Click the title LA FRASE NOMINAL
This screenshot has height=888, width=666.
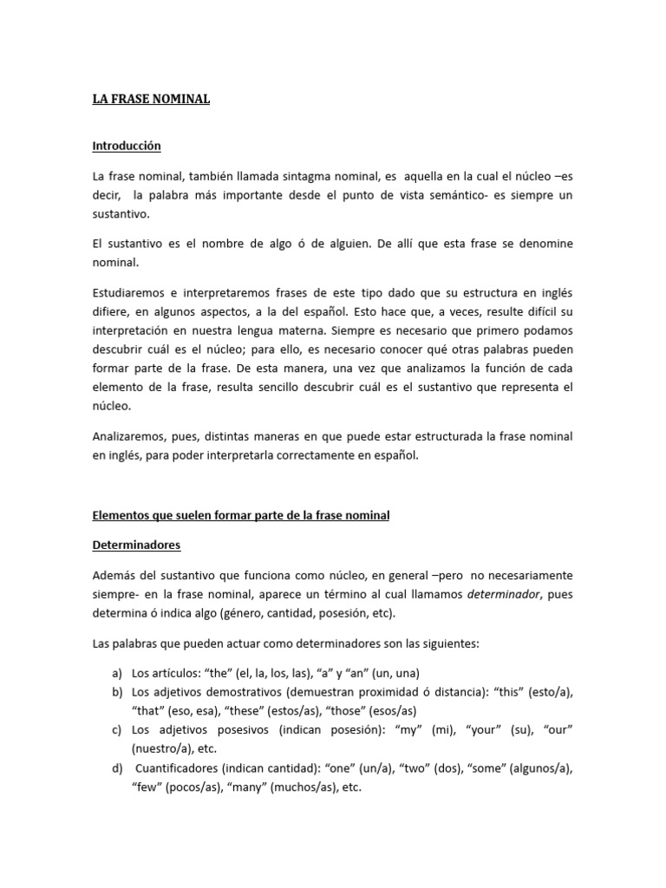[x=152, y=99]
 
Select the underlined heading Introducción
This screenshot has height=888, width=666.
[x=127, y=146]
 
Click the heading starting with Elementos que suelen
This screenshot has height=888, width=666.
[x=241, y=515]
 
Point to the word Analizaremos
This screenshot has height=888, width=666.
[x=129, y=435]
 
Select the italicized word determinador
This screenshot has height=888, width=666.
[x=499, y=595]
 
